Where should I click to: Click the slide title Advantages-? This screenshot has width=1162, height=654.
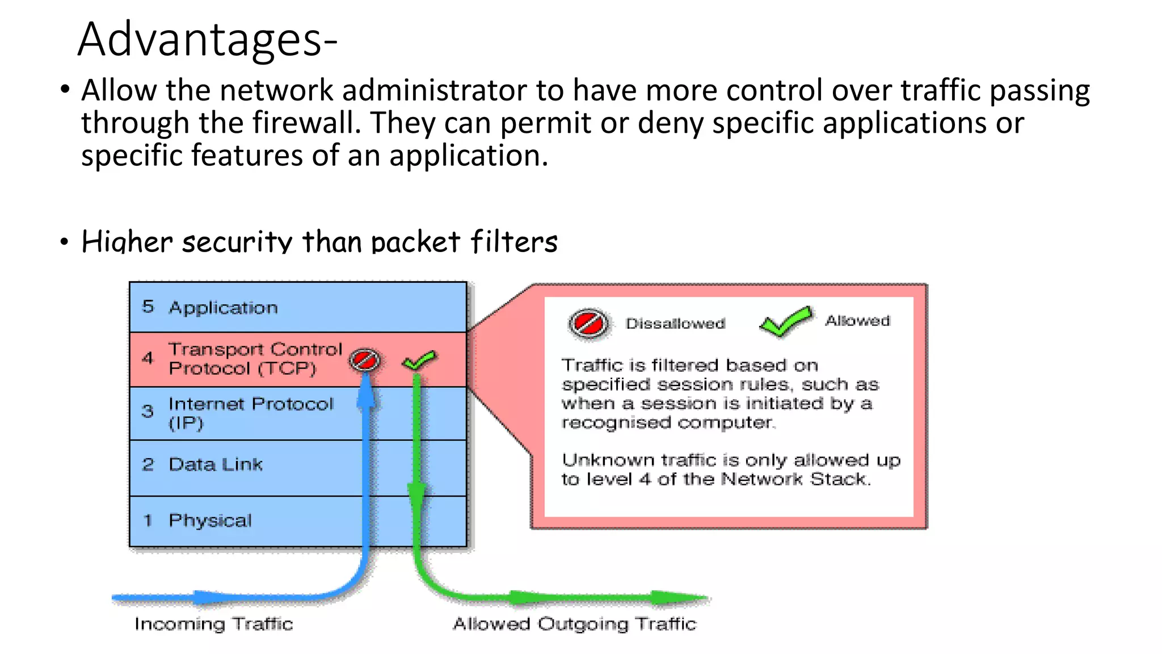pyautogui.click(x=207, y=40)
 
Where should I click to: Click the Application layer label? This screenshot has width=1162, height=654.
pyautogui.click(x=223, y=308)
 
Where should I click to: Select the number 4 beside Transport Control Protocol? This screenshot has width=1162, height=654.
pyautogui.click(x=148, y=358)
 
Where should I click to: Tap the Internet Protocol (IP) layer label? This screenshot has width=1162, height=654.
pyautogui.click(x=250, y=413)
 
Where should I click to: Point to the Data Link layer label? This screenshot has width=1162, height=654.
pyautogui.click(x=216, y=464)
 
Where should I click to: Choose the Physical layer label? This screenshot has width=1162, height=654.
pyautogui.click(x=210, y=520)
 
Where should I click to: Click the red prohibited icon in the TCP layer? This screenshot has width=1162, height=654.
pyautogui.click(x=364, y=360)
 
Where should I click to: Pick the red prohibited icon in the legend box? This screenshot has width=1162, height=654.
pyautogui.click(x=588, y=324)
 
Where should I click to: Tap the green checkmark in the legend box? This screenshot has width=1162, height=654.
pyautogui.click(x=786, y=322)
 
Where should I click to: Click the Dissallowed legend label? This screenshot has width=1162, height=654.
pyautogui.click(x=675, y=324)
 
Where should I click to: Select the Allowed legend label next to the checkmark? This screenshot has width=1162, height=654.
pyautogui.click(x=857, y=321)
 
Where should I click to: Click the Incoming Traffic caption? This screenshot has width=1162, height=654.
pyautogui.click(x=213, y=624)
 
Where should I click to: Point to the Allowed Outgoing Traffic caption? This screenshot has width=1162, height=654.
pyautogui.click(x=574, y=624)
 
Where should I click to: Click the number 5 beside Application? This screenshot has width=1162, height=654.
pyautogui.click(x=148, y=307)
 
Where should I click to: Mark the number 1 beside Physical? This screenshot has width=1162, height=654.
pyautogui.click(x=148, y=520)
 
